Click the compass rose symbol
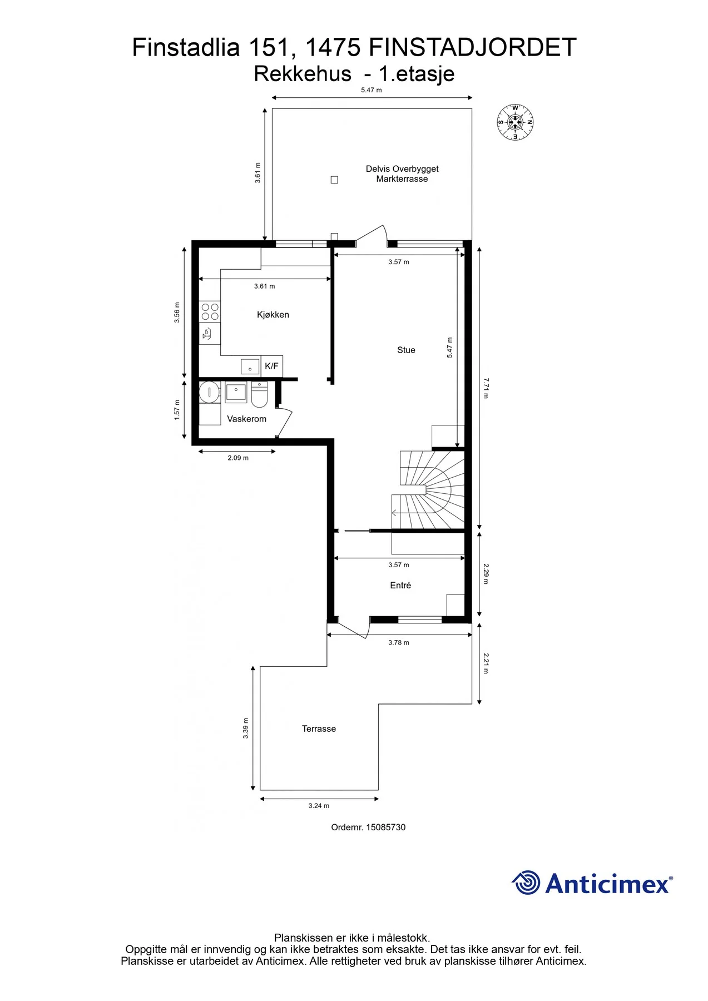coord(515,122)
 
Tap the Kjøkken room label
coord(273,315)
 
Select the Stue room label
coord(406,350)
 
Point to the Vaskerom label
coord(246,419)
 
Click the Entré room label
coord(400,585)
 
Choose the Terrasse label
coord(319,729)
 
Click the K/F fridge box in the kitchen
coord(272,366)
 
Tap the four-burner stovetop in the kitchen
coord(210,311)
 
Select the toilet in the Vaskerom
coord(259,394)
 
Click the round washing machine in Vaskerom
coord(209,392)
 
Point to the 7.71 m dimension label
coord(486,388)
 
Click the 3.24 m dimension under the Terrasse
coord(319,805)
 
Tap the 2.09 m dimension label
coord(238,458)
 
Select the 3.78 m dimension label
coord(399,642)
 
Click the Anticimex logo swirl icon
coord(526,883)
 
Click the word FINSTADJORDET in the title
coord(472,47)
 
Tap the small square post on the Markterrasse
coord(334,180)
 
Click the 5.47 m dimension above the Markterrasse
coord(372,90)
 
